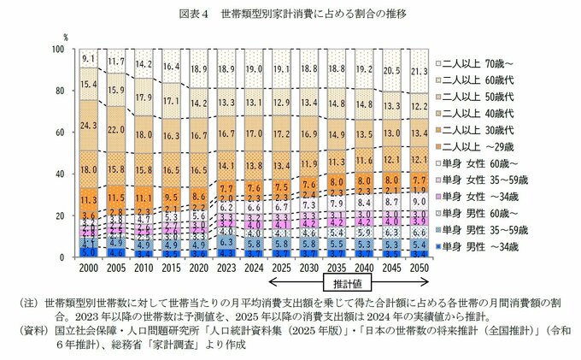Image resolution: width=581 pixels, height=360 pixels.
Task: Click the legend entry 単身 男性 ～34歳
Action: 479,247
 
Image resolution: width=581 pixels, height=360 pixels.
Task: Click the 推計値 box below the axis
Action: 344,281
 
